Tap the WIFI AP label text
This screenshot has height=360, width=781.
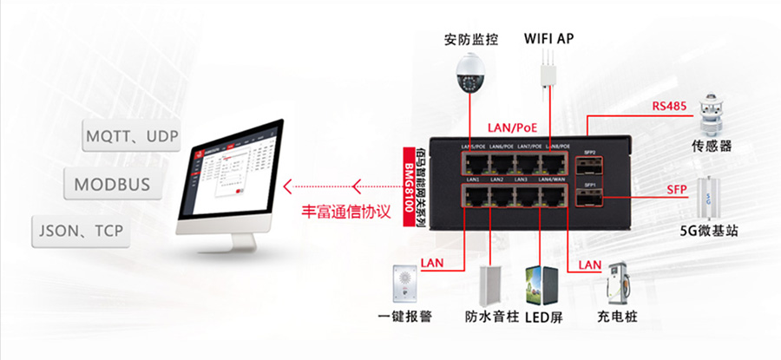(x=548, y=38)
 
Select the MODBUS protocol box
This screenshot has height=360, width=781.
(x=112, y=184)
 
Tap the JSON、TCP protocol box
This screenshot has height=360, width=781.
(x=80, y=232)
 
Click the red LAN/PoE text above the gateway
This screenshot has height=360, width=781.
(x=515, y=128)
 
